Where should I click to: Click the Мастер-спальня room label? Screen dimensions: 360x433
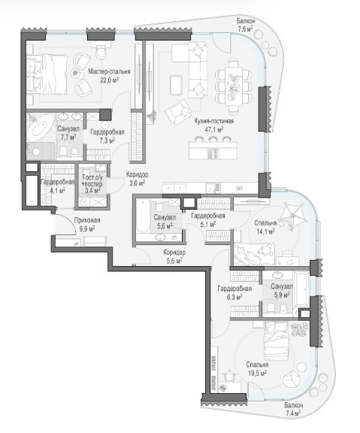point(109,71)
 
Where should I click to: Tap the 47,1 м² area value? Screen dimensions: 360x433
point(214,129)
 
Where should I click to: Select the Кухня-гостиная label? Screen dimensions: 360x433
point(214,121)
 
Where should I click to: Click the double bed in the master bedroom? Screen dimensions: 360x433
point(47,74)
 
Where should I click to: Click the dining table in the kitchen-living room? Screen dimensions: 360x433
point(234,86)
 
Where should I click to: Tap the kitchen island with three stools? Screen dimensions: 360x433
point(213,150)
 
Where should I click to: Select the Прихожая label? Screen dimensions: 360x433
point(87,220)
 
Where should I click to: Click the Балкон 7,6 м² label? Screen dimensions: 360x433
point(246,25)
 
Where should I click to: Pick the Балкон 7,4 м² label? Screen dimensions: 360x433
point(294,409)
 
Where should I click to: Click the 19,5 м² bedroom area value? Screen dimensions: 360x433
point(257,374)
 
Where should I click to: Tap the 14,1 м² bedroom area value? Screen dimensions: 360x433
point(265,232)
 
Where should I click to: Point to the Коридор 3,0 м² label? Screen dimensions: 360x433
point(137,179)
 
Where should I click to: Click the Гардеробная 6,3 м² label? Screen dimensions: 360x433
point(234,292)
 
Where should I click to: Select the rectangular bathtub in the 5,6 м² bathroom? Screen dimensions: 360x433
point(143,216)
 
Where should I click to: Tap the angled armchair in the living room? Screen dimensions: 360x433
point(178,112)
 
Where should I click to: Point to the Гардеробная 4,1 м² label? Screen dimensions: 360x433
point(57,186)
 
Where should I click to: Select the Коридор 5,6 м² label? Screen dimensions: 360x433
point(174,256)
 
